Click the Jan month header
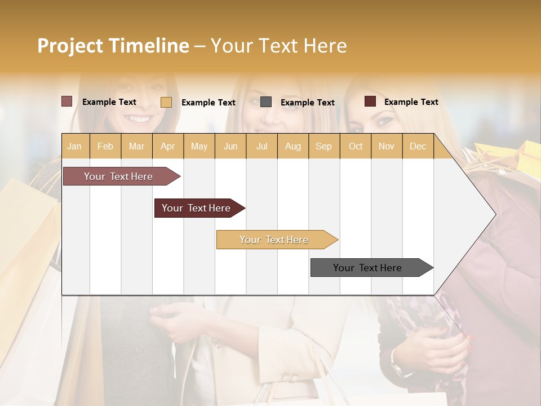click(x=74, y=146)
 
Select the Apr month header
click(x=167, y=146)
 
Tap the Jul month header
click(x=261, y=146)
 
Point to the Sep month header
click(x=323, y=146)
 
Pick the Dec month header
click(x=418, y=146)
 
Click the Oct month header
click(x=356, y=146)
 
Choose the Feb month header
click(x=105, y=146)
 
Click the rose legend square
click(x=67, y=101)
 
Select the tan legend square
click(x=166, y=102)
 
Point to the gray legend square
click(x=266, y=101)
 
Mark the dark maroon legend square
click(x=370, y=101)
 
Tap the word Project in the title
click(x=70, y=46)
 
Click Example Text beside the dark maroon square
click(x=411, y=102)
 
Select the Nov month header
click(x=387, y=146)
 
